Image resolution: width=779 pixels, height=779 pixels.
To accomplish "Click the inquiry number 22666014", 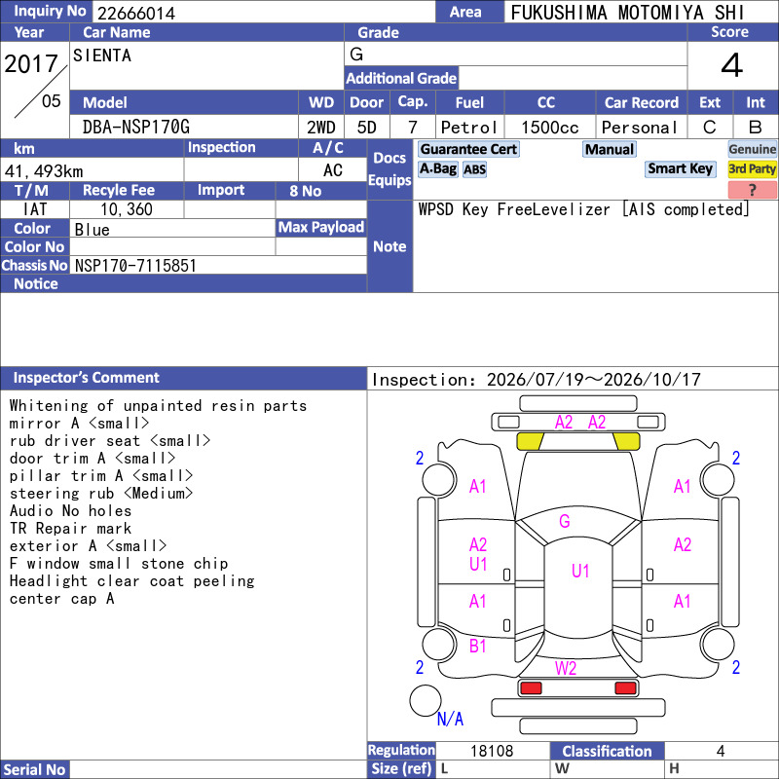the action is click(x=136, y=13).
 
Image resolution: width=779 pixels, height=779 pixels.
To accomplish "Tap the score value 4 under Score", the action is click(x=732, y=65).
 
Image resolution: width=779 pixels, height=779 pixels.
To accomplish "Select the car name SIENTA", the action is click(x=102, y=56).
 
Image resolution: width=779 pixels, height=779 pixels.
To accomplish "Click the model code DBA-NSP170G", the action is click(x=136, y=128).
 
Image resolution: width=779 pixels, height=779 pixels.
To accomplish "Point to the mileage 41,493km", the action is click(x=44, y=171).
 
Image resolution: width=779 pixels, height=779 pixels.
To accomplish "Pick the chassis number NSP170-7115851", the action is click(x=135, y=266).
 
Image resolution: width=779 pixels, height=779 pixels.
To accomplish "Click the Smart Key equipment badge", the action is click(x=680, y=168).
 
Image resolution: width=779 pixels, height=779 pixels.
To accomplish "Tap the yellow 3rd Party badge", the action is click(x=752, y=168).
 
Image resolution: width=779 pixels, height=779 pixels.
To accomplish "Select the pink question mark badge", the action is click(x=752, y=190).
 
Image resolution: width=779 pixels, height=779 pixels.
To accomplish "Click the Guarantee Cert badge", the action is click(x=468, y=149).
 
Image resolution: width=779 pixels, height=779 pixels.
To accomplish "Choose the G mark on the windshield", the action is click(x=565, y=521).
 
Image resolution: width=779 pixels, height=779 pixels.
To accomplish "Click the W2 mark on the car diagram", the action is click(x=566, y=668).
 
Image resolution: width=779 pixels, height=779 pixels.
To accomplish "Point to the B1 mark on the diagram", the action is click(x=478, y=646).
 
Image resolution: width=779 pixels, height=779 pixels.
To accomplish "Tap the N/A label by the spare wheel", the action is click(x=450, y=719).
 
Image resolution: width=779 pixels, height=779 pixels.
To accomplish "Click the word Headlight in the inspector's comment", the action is click(x=48, y=581).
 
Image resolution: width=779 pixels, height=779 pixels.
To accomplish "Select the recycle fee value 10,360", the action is click(x=127, y=209).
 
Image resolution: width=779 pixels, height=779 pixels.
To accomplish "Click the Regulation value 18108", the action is click(x=492, y=751).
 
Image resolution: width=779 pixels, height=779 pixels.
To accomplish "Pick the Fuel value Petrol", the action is click(x=468, y=128).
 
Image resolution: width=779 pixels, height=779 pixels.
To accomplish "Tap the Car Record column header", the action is click(x=642, y=102).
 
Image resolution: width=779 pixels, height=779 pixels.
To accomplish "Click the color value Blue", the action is click(x=92, y=230).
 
